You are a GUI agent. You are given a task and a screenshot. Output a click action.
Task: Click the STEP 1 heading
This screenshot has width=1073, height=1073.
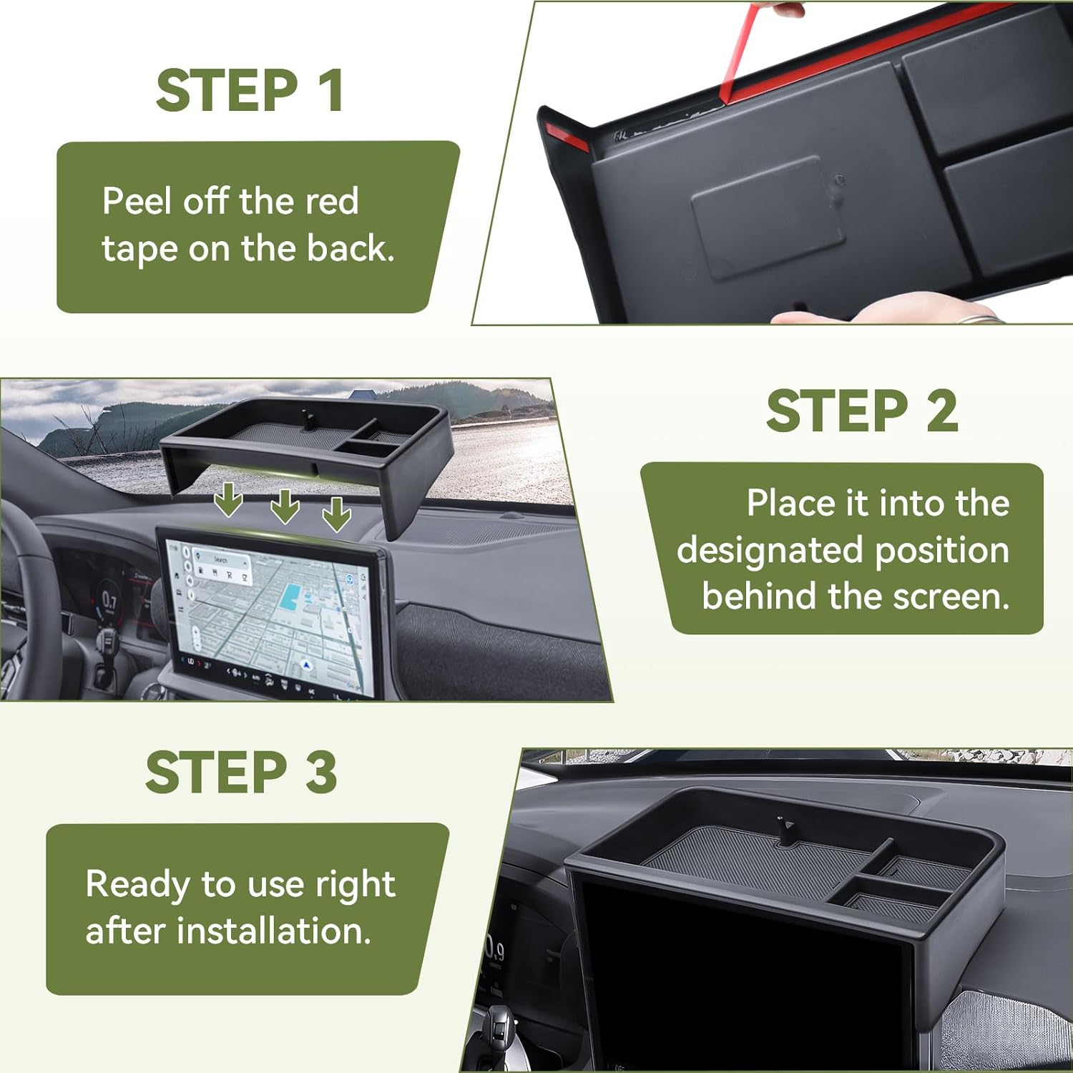(250, 91)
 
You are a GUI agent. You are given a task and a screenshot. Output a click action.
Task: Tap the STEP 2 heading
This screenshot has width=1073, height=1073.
(861, 411)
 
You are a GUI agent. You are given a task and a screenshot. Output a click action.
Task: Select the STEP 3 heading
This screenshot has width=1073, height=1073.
(241, 773)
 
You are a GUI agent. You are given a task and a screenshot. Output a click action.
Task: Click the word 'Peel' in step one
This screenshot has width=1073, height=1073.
(137, 201)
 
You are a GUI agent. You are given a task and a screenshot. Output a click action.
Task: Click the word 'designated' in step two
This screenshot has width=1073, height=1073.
(770, 550)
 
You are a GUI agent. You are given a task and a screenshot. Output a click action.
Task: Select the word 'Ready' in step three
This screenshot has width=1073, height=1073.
(138, 884)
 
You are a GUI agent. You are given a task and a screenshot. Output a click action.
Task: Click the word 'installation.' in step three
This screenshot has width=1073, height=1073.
(274, 931)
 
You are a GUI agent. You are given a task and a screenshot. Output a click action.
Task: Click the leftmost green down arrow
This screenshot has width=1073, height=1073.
(229, 499)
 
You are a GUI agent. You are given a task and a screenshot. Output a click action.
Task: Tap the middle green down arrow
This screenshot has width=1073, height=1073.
(285, 506)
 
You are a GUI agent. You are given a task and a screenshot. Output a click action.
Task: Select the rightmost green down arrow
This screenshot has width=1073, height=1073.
(336, 514)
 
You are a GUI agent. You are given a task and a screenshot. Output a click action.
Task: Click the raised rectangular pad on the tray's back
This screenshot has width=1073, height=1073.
(767, 216)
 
